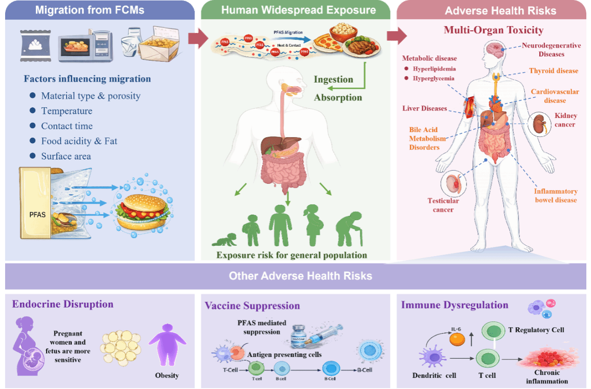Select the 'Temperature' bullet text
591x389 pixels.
click(x=67, y=111)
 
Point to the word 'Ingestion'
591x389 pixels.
click(x=333, y=79)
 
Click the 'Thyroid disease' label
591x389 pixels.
click(x=553, y=71)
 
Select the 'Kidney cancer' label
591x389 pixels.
click(x=565, y=120)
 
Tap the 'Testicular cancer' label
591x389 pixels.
click(x=443, y=205)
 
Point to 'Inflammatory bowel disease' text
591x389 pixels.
click(x=556, y=196)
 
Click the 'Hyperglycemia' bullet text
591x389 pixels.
click(x=433, y=78)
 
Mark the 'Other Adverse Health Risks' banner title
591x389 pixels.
click(x=300, y=276)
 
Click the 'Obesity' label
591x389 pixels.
click(x=167, y=375)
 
